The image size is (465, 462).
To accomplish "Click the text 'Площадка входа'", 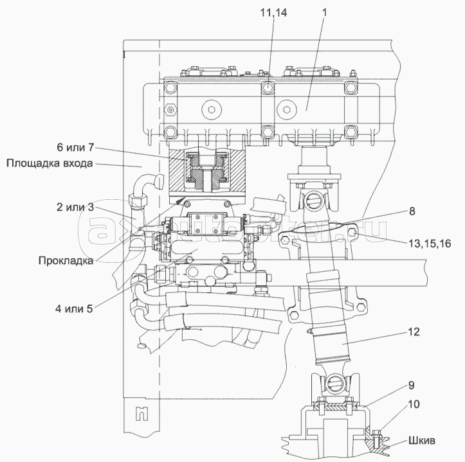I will click(51, 163).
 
